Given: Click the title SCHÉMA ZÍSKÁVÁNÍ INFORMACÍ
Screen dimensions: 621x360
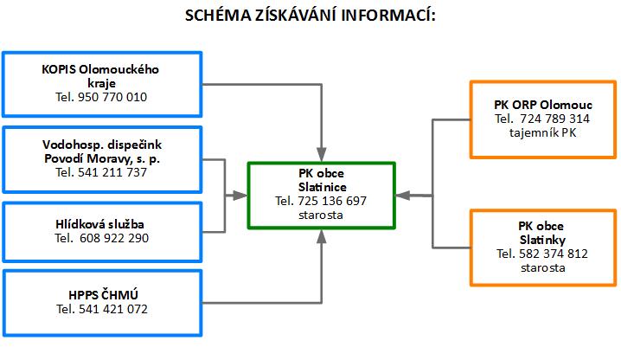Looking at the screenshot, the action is coord(310,16).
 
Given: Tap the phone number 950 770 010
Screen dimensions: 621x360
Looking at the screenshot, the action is coord(112,97).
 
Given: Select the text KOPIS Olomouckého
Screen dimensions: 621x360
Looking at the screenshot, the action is coord(100,69).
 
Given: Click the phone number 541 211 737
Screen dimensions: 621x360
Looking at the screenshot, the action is coord(112,172).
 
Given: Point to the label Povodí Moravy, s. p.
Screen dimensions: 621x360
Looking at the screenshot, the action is coord(102,159).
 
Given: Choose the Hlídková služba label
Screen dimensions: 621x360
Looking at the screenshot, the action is coord(99,224).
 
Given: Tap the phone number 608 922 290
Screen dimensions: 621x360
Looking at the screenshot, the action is coord(114,238).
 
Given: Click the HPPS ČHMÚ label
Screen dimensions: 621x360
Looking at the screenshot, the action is coord(104,295).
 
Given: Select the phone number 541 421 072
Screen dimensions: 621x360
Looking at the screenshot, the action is coord(113,309).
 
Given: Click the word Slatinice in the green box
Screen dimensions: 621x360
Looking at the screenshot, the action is coord(323,187).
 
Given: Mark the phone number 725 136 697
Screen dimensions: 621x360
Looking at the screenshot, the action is coord(332,201).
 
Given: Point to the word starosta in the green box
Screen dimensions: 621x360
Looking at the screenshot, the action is coord(321,215).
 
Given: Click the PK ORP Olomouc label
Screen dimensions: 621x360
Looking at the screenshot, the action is coord(543,105).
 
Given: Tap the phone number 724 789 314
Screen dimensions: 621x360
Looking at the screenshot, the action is coord(554,119).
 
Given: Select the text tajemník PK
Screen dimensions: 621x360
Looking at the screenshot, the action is coord(543,132).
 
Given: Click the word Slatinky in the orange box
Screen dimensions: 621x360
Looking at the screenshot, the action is coord(542,240).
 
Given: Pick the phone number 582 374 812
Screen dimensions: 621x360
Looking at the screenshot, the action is coord(554,254).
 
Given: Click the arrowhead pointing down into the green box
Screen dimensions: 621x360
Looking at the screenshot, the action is coord(322,155).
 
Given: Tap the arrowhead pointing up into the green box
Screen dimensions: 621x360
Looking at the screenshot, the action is coord(322,236).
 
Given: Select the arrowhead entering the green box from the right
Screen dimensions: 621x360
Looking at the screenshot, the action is coord(403,195).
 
